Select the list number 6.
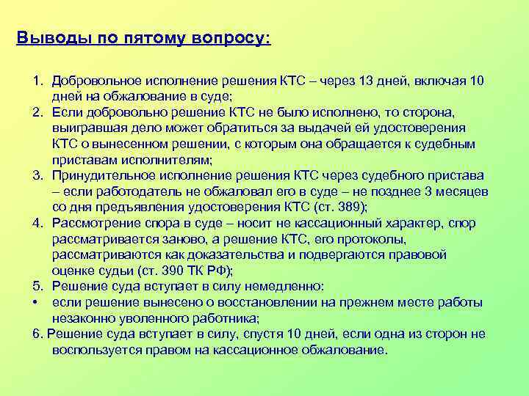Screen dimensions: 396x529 pyautogui.click(x=37, y=334)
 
